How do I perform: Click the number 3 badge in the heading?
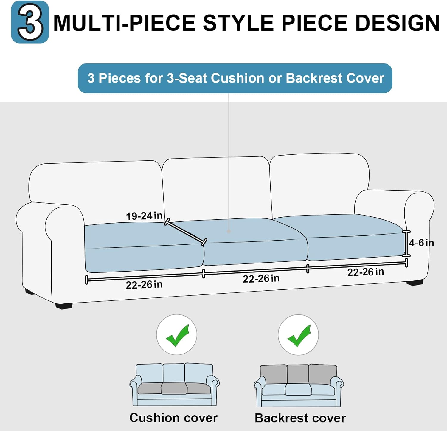point(30,22)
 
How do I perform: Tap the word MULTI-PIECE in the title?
point(124,23)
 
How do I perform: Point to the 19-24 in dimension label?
point(144,215)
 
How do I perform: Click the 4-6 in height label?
point(421,243)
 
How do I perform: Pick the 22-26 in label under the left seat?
point(144,285)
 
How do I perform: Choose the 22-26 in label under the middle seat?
point(261,278)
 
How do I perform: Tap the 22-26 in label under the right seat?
point(366,272)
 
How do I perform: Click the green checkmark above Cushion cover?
point(177,336)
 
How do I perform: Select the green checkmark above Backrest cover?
point(299,336)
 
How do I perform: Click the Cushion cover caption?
point(173,418)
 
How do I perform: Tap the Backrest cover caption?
point(300,418)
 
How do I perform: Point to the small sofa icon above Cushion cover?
point(174,385)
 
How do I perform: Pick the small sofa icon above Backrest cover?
point(299,385)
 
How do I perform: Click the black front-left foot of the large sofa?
point(64,306)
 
